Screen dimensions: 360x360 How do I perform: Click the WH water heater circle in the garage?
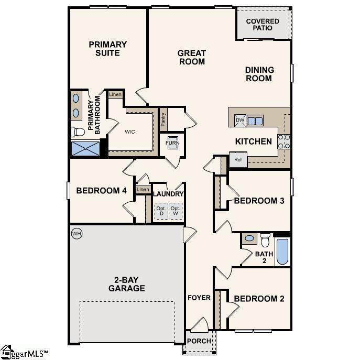pos(77,234)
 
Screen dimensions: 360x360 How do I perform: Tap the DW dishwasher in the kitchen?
pos(240,121)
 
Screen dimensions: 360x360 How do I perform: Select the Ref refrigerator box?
pos(238,160)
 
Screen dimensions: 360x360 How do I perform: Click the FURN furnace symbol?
pos(172,143)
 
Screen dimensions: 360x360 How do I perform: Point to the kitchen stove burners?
pos(284,141)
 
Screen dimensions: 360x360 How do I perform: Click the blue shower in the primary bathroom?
pos(85,148)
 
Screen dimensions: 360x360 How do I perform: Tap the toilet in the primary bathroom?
pos(78,132)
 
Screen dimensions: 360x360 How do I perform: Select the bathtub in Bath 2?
pos(282,252)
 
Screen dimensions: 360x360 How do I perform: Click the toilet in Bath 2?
pos(265,240)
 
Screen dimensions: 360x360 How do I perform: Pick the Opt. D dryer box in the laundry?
pos(161,211)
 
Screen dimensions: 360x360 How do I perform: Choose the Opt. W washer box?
pos(176,211)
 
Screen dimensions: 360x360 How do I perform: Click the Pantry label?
pos(163,119)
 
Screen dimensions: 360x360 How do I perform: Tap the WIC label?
pos(130,132)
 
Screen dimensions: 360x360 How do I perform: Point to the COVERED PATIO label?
pos(263,25)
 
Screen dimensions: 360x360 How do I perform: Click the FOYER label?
pos(199,298)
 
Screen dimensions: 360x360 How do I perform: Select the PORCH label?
pos(199,341)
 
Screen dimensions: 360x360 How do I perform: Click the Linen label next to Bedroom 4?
pos(143,189)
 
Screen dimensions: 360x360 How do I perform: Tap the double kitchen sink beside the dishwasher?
pos(255,121)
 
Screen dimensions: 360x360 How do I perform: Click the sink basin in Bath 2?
pos(249,238)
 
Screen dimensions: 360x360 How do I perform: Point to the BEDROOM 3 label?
pos(259,201)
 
